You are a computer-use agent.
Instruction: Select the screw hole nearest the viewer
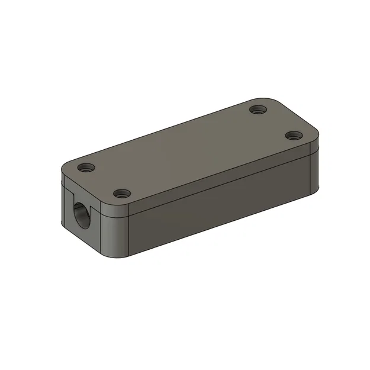[x=122, y=193]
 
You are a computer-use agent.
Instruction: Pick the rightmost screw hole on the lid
[x=292, y=135]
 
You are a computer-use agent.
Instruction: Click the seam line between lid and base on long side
[x=225, y=183]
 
